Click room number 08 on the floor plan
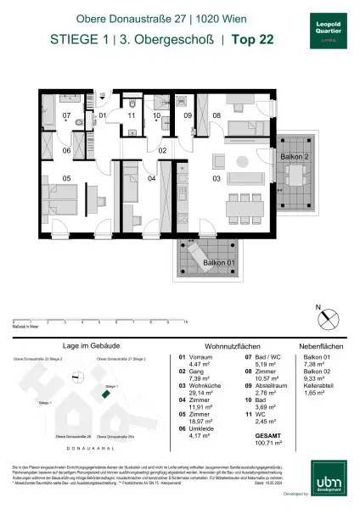click(x=216, y=114)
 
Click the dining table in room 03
click(x=245, y=206)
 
